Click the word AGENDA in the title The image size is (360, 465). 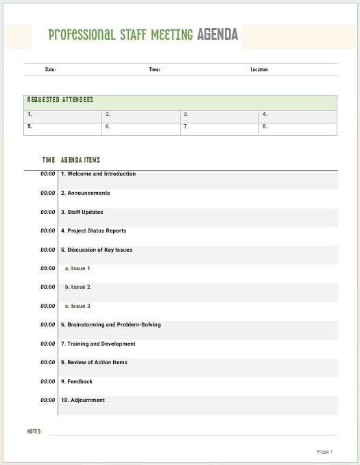click(x=217, y=34)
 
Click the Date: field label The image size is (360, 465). click(x=50, y=69)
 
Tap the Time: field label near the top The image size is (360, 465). click(x=154, y=69)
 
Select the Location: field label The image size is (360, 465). click(x=259, y=69)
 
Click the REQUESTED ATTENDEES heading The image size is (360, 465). click(x=60, y=100)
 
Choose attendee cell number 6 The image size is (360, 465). click(x=142, y=128)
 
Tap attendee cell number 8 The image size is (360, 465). click(x=298, y=128)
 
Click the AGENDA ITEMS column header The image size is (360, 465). click(x=80, y=160)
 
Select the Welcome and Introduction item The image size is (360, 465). click(x=98, y=174)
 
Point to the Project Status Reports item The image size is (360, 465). click(x=93, y=231)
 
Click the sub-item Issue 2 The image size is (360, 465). click(x=77, y=287)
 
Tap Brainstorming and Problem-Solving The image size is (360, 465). click(x=110, y=324)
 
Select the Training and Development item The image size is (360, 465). click(x=98, y=344)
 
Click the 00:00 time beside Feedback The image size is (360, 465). click(x=47, y=381)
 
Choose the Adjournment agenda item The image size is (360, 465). click(x=83, y=401)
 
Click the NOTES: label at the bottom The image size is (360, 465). click(x=34, y=431)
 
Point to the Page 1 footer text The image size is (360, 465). click(x=324, y=451)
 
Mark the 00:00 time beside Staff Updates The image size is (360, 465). click(x=47, y=213)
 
